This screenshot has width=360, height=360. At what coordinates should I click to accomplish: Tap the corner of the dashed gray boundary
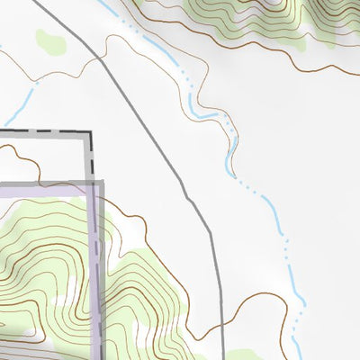tap(91, 133)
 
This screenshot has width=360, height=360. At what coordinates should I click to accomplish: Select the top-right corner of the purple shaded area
tap(102, 183)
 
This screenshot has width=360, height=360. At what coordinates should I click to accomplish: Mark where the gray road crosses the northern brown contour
tap(100, 57)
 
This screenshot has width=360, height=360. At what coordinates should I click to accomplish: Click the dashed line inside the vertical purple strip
tap(95, 270)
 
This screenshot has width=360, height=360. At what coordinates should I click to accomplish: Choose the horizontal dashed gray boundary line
tap(45, 132)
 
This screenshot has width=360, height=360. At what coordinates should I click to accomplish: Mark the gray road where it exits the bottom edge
tap(223, 357)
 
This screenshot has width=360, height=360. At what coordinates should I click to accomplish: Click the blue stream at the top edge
tap(100, 3)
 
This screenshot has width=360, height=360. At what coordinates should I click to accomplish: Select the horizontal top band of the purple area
tap(45, 186)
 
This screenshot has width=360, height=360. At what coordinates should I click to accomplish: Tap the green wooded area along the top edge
tap(225, 13)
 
